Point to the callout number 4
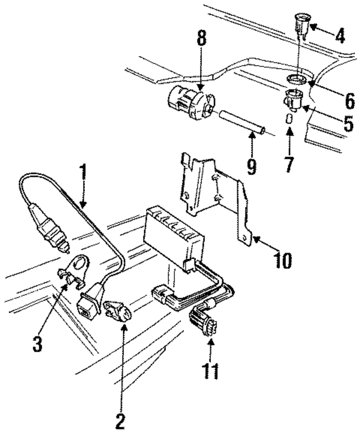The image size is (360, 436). (x=339, y=37)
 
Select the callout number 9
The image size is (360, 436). (x=251, y=167)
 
